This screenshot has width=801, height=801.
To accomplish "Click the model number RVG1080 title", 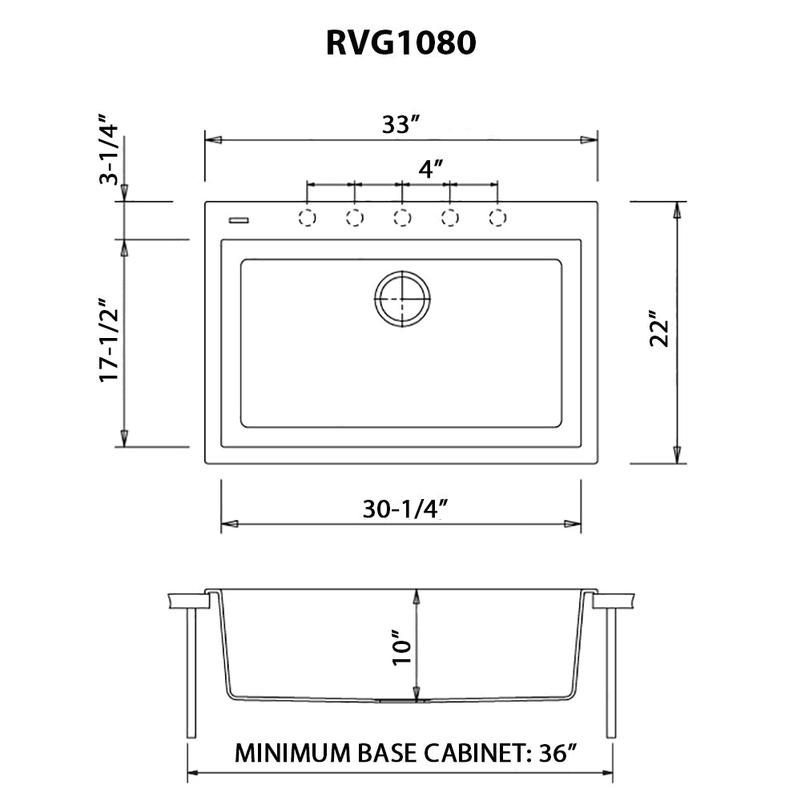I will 400,43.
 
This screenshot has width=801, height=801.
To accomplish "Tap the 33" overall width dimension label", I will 400,125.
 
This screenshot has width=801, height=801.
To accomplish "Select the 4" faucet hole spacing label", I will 431,169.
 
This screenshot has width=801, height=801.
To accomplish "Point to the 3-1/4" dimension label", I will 109,155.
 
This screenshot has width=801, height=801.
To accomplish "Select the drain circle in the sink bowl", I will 402,299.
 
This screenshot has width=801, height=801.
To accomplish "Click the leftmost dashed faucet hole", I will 307,217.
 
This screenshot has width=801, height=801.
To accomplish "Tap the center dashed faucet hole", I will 402,217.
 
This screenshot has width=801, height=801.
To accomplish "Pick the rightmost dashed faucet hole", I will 497,217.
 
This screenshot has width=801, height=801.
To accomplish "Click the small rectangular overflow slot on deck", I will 239,217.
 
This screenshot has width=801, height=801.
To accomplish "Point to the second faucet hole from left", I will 355,217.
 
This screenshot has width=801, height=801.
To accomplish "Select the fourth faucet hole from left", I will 450,217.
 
